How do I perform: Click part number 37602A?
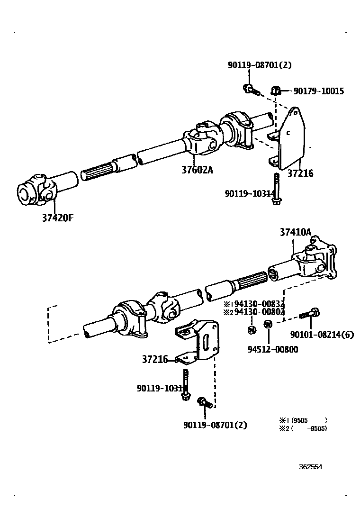[197, 169]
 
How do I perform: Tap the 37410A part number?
[295, 232]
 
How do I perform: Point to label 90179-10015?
[319, 91]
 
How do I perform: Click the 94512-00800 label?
[273, 349]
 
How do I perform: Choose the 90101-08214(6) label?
[322, 335]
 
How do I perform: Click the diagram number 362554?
[310, 466]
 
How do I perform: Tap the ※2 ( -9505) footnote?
[303, 428]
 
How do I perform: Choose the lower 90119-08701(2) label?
[215, 425]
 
